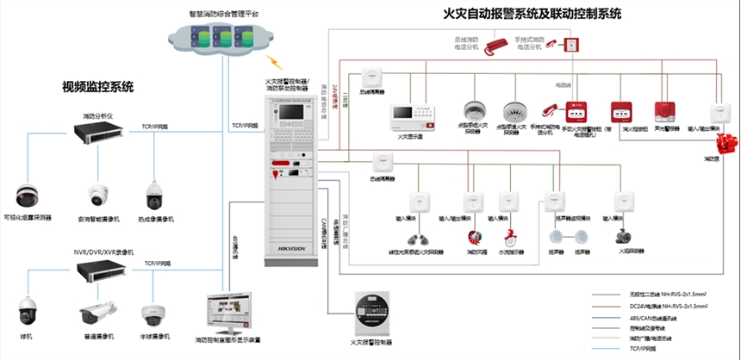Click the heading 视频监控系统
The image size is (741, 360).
[x=97, y=86]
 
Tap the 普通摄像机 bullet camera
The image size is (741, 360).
[x=97, y=314]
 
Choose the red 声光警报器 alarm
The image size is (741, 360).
[x=663, y=112]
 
